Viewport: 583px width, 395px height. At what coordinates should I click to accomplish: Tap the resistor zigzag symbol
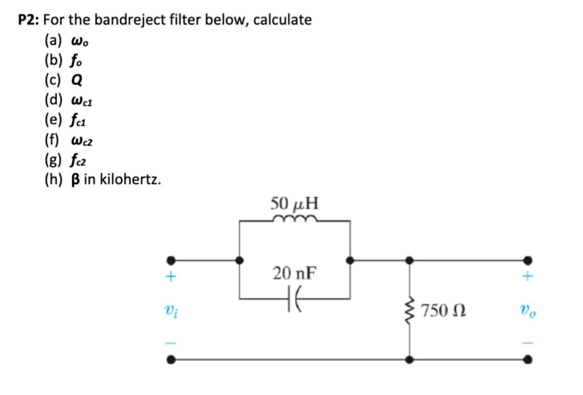tap(409, 310)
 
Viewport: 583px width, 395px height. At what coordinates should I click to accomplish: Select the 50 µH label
tap(294, 204)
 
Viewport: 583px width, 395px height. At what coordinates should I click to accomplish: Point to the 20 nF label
tap(295, 273)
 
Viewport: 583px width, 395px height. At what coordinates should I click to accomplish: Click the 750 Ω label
tap(443, 311)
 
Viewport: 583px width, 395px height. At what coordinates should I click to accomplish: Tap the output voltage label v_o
tap(527, 310)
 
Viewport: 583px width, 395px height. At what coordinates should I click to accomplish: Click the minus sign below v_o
tap(528, 343)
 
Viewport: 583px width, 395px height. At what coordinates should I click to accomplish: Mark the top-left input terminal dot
tap(171, 261)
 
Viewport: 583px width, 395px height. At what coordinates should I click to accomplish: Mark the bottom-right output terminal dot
tap(528, 359)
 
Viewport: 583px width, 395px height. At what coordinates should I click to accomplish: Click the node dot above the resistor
tap(409, 261)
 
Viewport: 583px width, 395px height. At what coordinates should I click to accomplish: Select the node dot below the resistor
tap(409, 359)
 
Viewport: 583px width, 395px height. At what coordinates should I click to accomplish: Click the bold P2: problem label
tap(28, 20)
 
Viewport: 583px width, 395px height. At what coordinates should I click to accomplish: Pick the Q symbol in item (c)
tap(77, 79)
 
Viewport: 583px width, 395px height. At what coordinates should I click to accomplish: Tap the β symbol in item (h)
tap(75, 180)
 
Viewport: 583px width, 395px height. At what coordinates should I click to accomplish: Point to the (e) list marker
tap(53, 120)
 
